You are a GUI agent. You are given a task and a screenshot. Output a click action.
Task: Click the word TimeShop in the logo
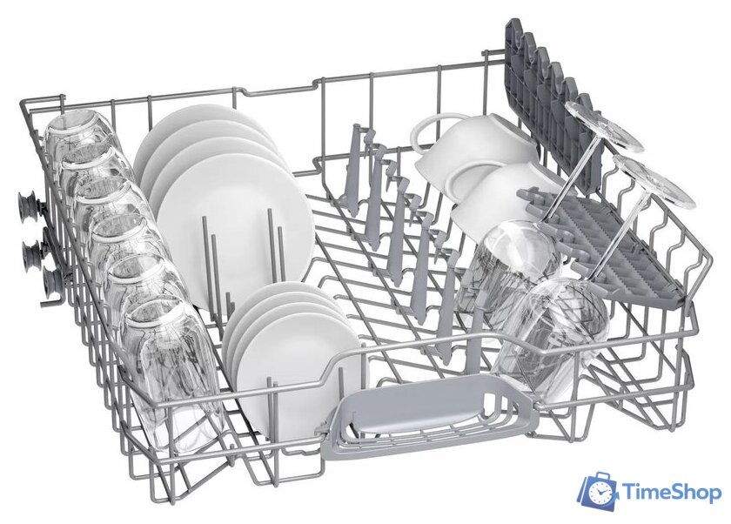[x=671, y=493]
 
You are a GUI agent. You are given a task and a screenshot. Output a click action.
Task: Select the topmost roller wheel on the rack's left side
[x=27, y=205]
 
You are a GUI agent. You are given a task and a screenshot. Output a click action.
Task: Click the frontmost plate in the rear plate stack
[x=234, y=231]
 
